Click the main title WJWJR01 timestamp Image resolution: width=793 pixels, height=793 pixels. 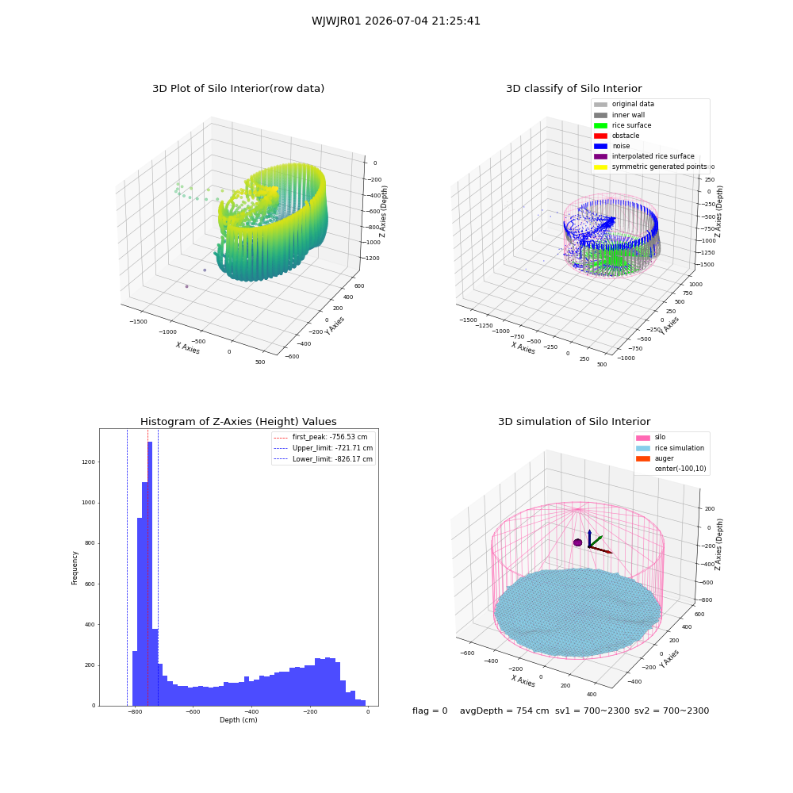point(396,21)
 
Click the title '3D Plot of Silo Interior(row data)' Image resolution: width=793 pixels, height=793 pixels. point(238,89)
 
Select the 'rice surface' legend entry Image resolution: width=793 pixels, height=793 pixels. point(623,125)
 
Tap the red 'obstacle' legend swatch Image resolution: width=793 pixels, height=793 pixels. point(600,136)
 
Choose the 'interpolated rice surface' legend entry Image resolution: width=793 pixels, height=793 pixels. point(644,156)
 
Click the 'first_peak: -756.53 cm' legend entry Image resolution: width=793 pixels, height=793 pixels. point(320,437)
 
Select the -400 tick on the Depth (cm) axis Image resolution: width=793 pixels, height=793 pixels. point(251,712)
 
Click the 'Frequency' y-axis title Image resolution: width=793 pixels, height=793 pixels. point(75,568)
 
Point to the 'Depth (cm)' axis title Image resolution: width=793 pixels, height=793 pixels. point(239,720)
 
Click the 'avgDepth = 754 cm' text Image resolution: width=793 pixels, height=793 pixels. point(504,711)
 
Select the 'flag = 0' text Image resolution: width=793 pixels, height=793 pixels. point(430,711)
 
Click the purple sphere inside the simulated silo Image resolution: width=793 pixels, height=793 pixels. point(577,542)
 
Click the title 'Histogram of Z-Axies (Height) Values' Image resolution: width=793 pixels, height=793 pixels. point(238,422)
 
